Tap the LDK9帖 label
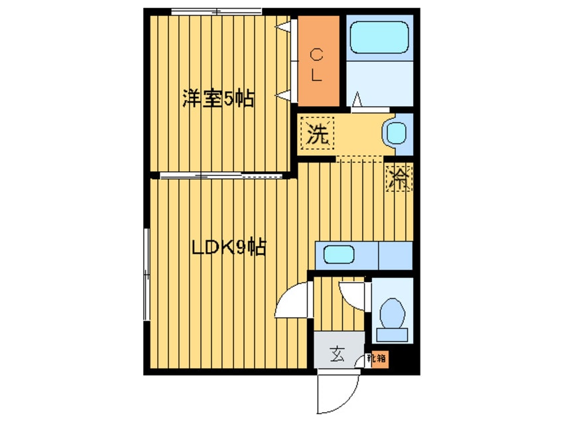pyautogui.click(x=229, y=248)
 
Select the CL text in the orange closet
pyautogui.click(x=317, y=64)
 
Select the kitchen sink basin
pyautogui.click(x=338, y=255)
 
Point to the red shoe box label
pyautogui.click(x=379, y=359)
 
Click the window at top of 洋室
pyautogui.click(x=216, y=11)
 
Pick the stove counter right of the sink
pyautogui.click(x=395, y=255)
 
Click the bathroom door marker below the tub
pyautogui.click(x=357, y=100)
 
